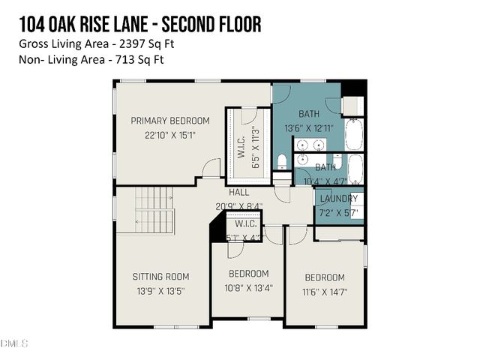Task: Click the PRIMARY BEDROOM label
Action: (169, 121)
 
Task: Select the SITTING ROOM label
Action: (160, 276)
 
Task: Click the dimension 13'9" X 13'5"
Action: (160, 290)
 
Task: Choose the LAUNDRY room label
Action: (338, 199)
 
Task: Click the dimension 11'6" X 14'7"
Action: (324, 292)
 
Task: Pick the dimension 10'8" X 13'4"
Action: (247, 288)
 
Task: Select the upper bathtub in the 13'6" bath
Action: (355, 135)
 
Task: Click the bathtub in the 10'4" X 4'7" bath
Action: (355, 169)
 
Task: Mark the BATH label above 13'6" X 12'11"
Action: (309, 114)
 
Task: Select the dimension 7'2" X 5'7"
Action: (338, 214)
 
